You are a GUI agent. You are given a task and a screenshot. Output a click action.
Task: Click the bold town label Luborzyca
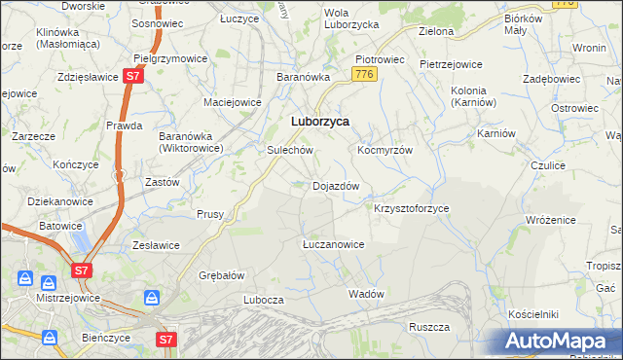click(x=320, y=122)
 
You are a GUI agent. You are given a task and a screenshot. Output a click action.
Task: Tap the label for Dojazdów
click(x=336, y=186)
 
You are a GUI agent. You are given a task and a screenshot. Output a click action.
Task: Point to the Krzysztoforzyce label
click(x=412, y=209)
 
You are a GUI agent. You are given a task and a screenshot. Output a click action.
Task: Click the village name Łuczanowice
click(x=333, y=244)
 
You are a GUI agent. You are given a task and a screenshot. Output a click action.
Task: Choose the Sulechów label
click(x=289, y=151)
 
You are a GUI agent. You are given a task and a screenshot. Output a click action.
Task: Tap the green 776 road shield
click(x=365, y=75)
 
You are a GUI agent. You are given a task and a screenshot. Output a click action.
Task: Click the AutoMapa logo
click(x=560, y=342)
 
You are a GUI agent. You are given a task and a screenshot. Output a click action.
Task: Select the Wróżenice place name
click(x=552, y=221)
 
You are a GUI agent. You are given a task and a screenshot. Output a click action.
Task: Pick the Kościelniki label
click(x=532, y=315)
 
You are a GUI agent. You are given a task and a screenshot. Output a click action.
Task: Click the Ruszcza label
click(x=428, y=327)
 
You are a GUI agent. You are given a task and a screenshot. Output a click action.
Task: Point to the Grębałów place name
click(x=221, y=275)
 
